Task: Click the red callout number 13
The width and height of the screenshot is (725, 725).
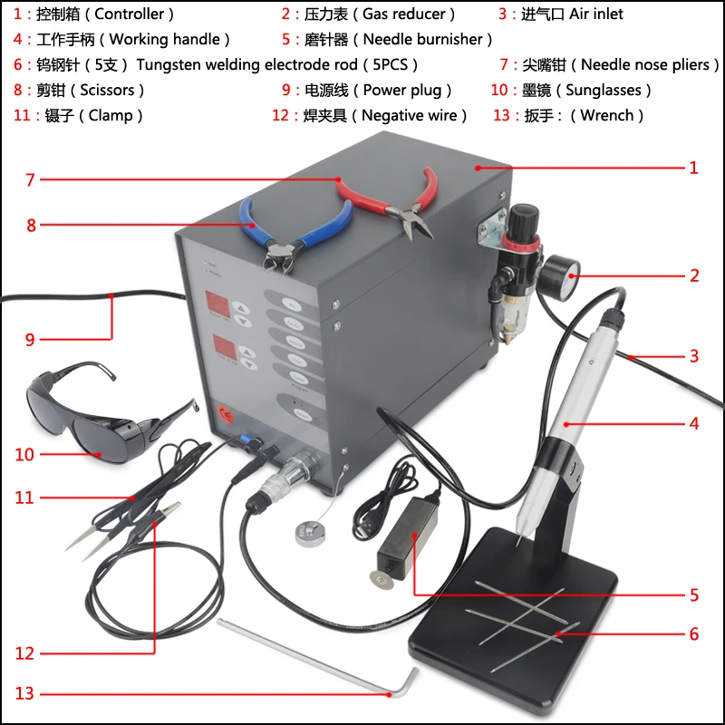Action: coord(24,693)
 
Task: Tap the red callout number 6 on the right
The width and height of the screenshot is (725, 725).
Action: coord(694,634)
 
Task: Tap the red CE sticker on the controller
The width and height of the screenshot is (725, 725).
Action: coord(225,415)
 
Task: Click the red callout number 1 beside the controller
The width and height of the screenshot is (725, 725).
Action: coord(693,168)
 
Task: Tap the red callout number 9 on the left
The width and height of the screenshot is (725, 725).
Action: coord(30,340)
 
